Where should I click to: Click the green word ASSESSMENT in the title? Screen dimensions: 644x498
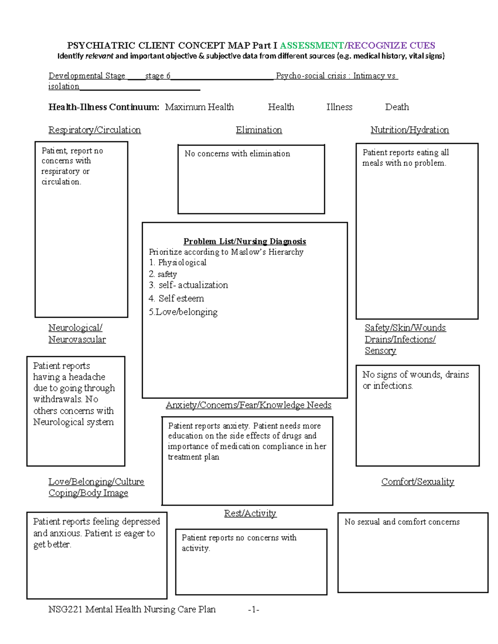pyautogui.click(x=312, y=46)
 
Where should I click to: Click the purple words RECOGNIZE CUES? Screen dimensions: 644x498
pyautogui.click(x=391, y=46)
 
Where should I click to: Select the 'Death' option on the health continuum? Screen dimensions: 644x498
pyautogui.click(x=397, y=107)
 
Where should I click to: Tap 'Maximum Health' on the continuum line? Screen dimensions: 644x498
pyautogui.click(x=199, y=107)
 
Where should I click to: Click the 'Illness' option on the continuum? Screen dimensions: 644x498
pyautogui.click(x=339, y=107)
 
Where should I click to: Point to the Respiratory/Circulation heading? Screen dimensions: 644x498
pyautogui.click(x=95, y=130)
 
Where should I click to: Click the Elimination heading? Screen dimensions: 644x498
pyautogui.click(x=259, y=130)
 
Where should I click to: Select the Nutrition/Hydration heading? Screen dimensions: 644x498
pyautogui.click(x=410, y=130)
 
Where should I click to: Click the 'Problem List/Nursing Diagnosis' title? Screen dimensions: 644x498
pyautogui.click(x=245, y=241)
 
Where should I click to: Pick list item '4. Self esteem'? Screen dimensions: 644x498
pyautogui.click(x=176, y=299)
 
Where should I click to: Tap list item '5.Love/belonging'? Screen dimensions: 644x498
pyautogui.click(x=183, y=312)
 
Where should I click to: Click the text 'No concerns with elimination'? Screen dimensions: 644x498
pyautogui.click(x=237, y=154)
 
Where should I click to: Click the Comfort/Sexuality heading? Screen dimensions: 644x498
pyautogui.click(x=417, y=481)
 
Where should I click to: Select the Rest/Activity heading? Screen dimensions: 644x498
pyautogui.click(x=250, y=513)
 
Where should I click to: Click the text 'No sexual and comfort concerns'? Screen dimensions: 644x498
pyautogui.click(x=402, y=522)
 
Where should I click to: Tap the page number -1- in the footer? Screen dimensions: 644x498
pyautogui.click(x=254, y=610)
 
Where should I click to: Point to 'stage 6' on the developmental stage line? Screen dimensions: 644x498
pyautogui.click(x=158, y=76)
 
